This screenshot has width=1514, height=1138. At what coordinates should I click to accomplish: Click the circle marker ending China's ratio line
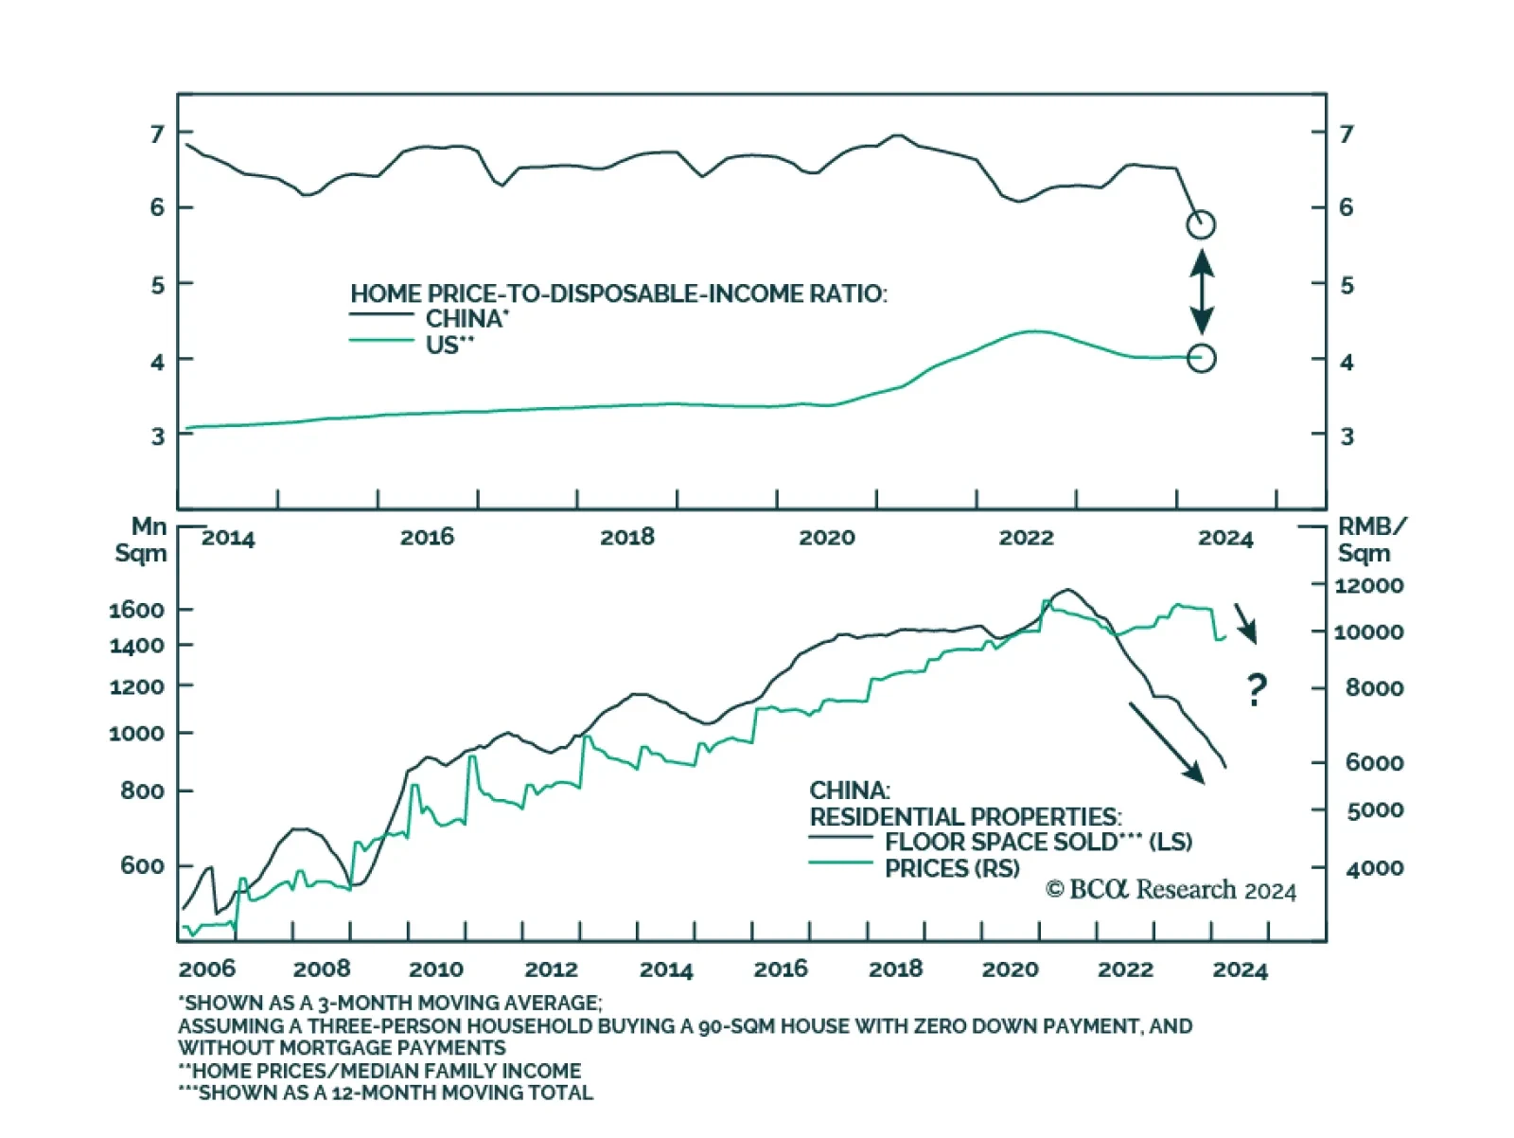1201,224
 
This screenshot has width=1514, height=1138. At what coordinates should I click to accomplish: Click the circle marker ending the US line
1201,358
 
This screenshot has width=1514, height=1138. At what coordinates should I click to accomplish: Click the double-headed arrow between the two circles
1202,292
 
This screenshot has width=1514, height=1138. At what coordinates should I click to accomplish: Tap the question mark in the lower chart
1256,689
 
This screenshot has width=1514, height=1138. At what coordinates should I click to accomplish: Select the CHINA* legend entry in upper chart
467,318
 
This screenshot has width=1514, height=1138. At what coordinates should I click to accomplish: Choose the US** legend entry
449,345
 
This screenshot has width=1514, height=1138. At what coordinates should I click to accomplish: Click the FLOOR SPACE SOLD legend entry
1037,842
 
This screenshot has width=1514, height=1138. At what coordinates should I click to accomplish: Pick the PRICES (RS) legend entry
951,868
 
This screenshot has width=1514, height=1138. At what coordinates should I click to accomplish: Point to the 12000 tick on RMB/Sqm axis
1368,585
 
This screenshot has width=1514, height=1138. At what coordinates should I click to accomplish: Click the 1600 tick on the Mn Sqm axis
136,610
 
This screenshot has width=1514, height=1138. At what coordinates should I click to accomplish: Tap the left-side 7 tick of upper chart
157,133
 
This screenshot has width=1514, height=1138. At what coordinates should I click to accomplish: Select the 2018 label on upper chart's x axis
626,538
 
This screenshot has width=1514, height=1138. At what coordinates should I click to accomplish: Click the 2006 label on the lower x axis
206,969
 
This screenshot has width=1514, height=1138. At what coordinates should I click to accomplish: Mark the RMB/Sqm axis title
1370,540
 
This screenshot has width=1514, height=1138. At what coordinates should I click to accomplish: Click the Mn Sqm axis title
141,540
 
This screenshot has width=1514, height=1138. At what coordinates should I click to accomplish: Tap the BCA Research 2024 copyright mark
1171,890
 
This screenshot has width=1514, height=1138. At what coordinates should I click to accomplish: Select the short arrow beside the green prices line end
1245,624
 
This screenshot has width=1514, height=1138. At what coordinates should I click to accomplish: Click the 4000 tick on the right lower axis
1374,868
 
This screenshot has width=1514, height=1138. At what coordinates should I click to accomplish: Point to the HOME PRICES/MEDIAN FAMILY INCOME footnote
380,1071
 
